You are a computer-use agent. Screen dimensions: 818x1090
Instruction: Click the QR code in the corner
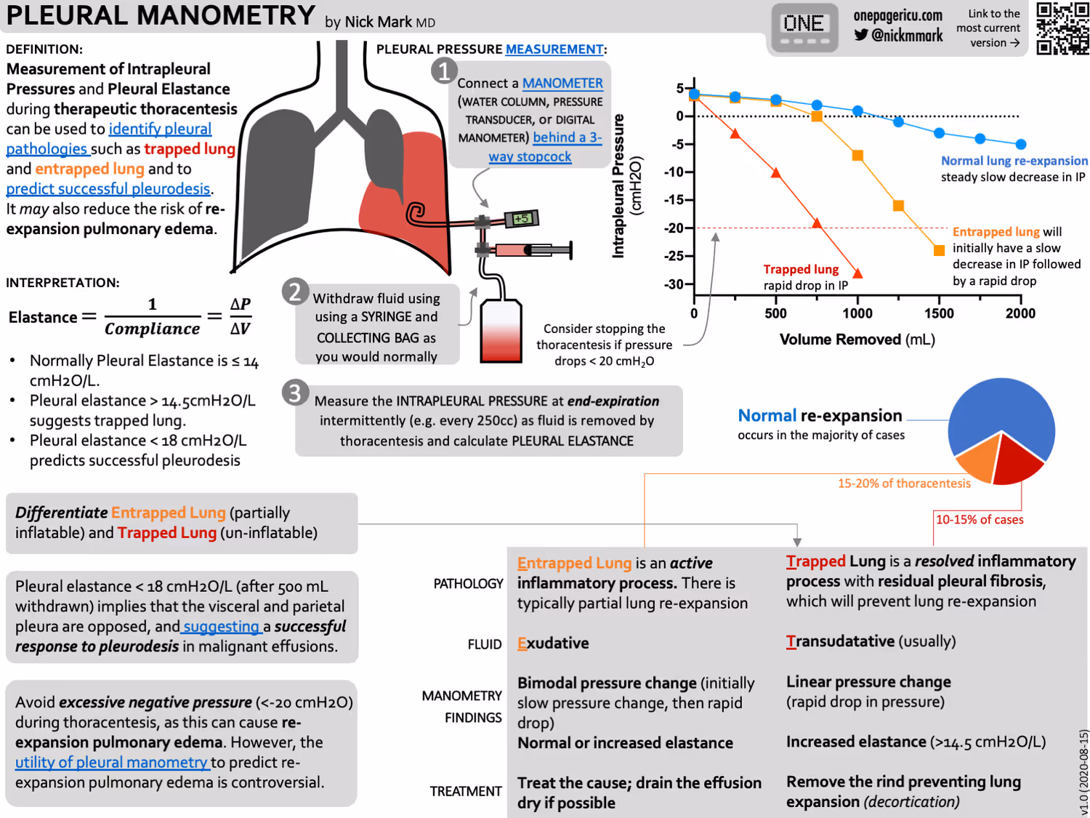1062,28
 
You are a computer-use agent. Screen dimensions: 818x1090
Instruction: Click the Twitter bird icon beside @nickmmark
861,35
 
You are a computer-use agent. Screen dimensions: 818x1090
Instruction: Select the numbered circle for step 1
444,71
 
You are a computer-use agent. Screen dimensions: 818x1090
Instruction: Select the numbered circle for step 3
295,393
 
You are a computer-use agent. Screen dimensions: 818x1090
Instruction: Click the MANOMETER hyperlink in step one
562,83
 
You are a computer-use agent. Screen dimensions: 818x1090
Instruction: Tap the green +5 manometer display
522,218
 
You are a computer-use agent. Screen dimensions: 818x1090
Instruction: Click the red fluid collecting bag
501,332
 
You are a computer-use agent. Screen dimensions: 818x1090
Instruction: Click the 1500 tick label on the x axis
939,313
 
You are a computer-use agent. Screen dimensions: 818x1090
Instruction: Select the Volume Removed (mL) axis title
857,340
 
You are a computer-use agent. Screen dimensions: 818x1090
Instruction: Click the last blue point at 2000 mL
1020,144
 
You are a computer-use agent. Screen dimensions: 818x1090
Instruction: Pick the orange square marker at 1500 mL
939,250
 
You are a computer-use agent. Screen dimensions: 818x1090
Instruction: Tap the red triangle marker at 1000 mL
857,273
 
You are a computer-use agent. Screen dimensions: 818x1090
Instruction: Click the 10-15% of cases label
979,520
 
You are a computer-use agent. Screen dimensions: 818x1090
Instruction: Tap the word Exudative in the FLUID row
553,643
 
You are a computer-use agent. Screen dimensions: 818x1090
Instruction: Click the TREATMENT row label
465,791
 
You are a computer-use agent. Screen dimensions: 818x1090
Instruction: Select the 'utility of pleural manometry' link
112,762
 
